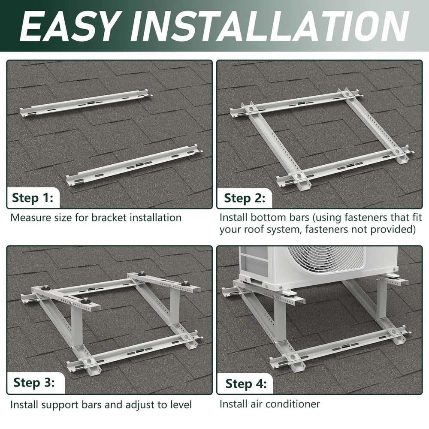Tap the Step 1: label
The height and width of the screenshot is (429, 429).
coord(33,197)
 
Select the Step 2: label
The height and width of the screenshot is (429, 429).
coord(245,198)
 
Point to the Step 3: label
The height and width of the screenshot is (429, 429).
coord(34,382)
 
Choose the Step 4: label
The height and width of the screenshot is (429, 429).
coord(246,383)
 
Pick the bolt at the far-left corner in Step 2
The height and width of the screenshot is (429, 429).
coord(251,109)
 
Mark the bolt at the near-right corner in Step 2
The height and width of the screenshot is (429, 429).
coord(397,151)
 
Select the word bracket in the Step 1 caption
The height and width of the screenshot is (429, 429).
coord(109,218)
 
